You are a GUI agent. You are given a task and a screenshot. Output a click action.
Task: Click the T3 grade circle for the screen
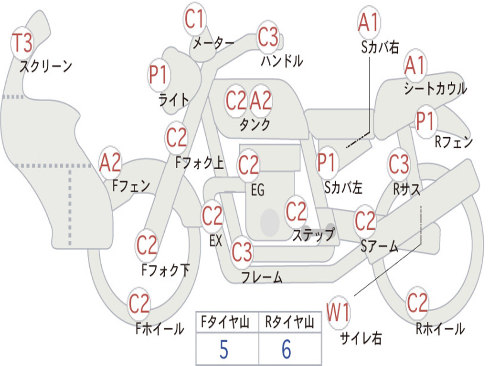(x=22, y=43)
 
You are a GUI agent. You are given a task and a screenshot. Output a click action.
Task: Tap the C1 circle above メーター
(x=194, y=19)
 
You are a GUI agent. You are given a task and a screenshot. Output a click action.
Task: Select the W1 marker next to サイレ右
(x=339, y=312)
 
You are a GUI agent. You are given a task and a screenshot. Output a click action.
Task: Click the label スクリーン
(x=46, y=66)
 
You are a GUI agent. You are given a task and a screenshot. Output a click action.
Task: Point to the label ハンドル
(x=282, y=61)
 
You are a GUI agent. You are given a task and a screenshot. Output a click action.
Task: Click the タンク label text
(x=255, y=124)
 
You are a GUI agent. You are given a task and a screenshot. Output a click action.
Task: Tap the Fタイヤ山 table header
(x=225, y=322)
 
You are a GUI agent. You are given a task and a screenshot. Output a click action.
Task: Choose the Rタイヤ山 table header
(x=289, y=322)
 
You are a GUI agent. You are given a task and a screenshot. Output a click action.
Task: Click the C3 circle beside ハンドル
(x=268, y=37)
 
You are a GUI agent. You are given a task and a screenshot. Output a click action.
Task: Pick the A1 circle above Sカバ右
(x=369, y=22)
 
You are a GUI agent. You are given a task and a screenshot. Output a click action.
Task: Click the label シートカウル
(x=436, y=88)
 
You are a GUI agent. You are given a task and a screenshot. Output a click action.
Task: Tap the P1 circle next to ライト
(x=159, y=75)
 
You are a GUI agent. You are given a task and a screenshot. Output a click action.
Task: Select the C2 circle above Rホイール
(x=417, y=303)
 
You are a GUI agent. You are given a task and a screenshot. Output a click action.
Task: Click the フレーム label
(x=262, y=277)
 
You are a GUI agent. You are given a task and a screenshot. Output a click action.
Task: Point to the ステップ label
(x=314, y=234)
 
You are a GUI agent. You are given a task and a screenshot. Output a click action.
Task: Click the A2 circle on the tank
(x=261, y=101)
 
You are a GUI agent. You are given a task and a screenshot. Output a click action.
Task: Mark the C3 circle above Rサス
(x=399, y=164)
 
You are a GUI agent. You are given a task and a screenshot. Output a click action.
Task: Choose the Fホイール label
(x=159, y=329)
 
